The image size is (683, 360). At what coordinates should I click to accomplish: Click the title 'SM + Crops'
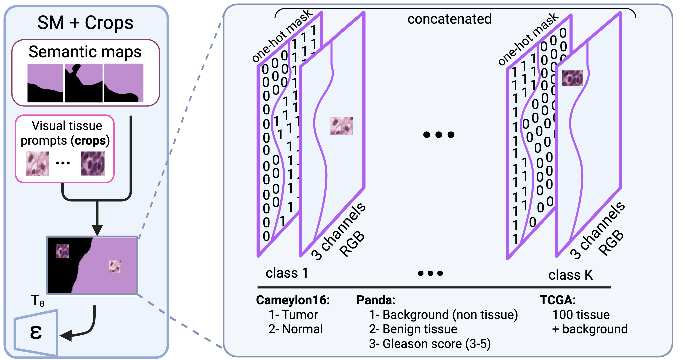pos(85,23)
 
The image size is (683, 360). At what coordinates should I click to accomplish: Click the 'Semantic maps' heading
pos(85,52)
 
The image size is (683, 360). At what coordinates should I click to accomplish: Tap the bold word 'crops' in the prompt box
pos(90,141)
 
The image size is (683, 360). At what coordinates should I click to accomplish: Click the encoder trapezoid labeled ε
pos(36,333)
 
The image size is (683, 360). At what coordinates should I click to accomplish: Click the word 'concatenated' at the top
pos(449,19)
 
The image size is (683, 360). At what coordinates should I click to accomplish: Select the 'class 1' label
pos(287,273)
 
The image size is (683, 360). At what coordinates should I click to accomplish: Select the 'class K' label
pos(571,275)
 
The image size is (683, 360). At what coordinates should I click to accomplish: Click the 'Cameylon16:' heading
pos(293,300)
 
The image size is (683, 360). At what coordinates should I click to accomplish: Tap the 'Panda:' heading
pos(376,300)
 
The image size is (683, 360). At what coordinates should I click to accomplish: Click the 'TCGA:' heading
pos(558,300)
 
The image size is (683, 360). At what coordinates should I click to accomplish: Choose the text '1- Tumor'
pos(293,315)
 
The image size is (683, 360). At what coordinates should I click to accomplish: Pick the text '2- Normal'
pos(296,329)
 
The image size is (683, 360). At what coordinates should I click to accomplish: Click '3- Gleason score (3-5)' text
pos(430,344)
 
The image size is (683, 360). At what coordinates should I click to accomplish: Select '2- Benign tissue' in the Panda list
pos(413,329)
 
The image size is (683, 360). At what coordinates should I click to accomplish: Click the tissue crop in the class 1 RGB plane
pos(341,126)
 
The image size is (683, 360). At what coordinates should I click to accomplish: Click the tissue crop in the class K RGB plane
pos(572,78)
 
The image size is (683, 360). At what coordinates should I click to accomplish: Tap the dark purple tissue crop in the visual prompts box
pos(93,163)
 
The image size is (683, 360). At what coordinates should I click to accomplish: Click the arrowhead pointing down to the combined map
pos(97,230)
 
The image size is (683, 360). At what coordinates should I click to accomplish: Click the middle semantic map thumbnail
pos(84,83)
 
